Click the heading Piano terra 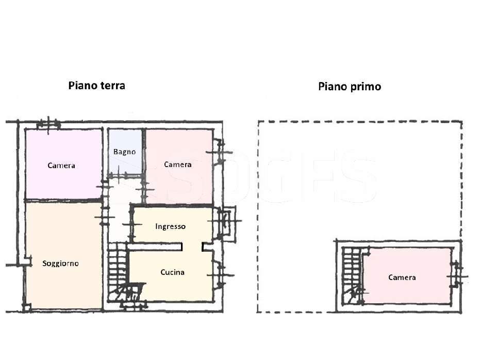point(97,86)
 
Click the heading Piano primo point(350,86)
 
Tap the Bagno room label point(124,152)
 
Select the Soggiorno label point(61,264)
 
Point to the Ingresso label point(170,226)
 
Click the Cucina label point(172,272)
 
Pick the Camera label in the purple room point(61,166)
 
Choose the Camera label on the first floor point(402,277)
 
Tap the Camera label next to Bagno point(178,165)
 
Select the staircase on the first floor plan point(353,276)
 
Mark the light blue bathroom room point(125,152)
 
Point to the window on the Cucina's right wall point(220,275)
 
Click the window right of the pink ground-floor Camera point(220,152)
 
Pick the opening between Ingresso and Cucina point(192,247)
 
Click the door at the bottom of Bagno point(125,175)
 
